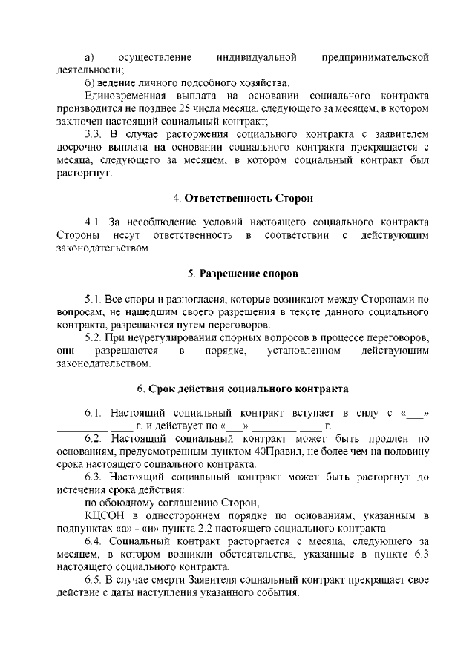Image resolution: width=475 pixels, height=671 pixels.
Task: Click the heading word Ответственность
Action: [228, 199]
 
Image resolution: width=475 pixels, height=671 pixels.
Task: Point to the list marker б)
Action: [90, 82]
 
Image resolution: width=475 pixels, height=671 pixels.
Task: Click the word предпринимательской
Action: [376, 57]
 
